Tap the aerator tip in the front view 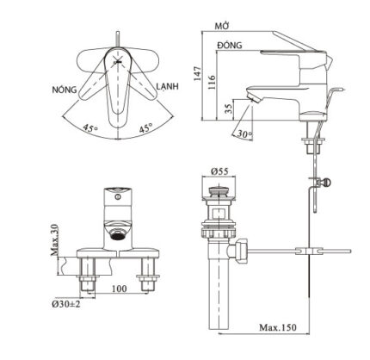[x=118, y=232]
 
